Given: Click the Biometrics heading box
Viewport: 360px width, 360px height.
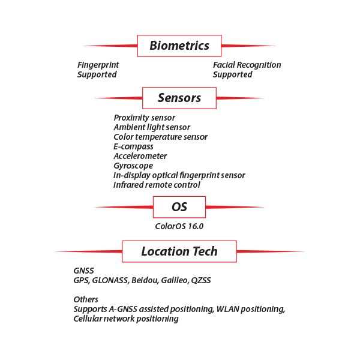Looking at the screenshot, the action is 179,46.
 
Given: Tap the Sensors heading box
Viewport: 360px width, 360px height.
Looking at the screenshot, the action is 179,98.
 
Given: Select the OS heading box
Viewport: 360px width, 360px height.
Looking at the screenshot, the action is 179,207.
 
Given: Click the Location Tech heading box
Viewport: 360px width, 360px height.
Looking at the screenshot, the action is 179,251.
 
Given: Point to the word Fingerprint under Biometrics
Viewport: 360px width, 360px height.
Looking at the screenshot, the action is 98,65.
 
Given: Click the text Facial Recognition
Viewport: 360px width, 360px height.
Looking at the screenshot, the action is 247,65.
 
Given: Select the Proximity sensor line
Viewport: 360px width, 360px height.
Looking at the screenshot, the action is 145,118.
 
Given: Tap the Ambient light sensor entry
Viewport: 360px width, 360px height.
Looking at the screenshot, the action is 152,127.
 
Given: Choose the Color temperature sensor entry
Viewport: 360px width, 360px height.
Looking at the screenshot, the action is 160,137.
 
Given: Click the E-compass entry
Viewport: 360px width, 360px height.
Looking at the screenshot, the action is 133,147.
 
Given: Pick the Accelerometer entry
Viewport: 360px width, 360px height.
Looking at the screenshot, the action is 140,156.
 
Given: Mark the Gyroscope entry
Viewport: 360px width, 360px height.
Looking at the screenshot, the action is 133,166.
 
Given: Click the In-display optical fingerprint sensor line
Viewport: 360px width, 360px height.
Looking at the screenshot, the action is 179,176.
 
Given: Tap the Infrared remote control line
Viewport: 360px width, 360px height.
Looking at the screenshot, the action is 157,185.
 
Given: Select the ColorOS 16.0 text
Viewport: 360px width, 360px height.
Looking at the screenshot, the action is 179,227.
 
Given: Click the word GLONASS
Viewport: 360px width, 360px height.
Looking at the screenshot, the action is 110,281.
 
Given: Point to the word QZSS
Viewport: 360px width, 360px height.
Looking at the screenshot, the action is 201,281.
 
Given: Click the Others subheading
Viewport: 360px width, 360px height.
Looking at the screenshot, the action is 86,299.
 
